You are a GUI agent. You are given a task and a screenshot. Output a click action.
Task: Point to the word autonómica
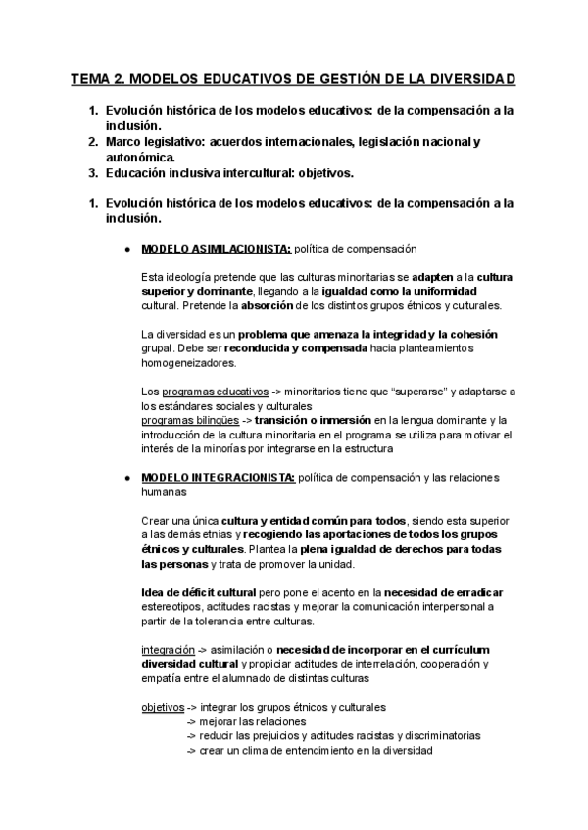click(140, 157)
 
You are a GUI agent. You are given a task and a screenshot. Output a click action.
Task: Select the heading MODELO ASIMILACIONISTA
click(217, 249)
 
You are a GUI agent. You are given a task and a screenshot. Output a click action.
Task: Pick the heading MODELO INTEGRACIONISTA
click(218, 478)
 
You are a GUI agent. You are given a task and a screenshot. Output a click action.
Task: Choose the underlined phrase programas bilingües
click(189, 420)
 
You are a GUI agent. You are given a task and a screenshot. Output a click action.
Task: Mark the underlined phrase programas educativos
click(191, 392)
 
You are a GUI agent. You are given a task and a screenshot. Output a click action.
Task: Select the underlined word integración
click(169, 649)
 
